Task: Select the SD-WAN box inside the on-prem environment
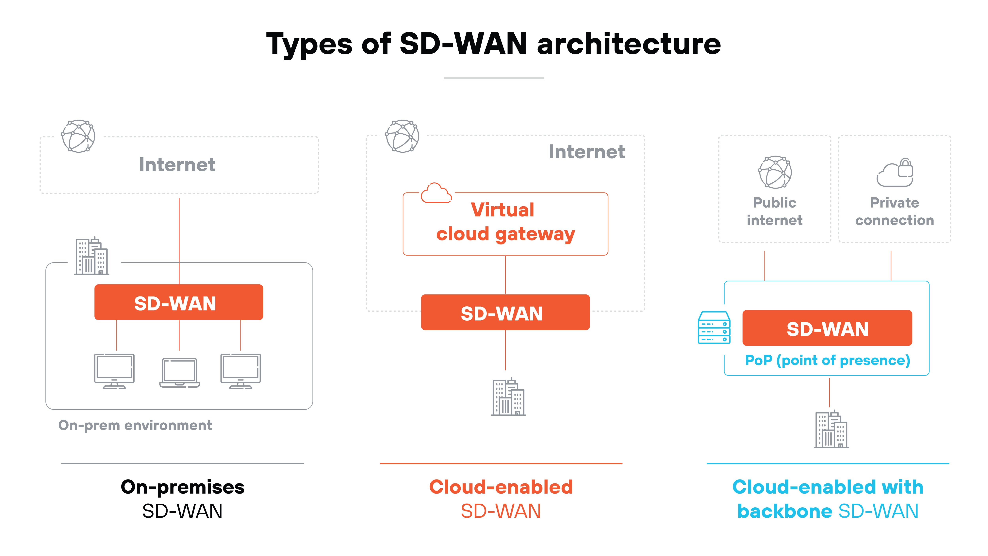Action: (179, 302)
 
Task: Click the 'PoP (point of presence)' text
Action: (827, 360)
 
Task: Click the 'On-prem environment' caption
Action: (135, 425)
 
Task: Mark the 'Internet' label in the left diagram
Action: (177, 165)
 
